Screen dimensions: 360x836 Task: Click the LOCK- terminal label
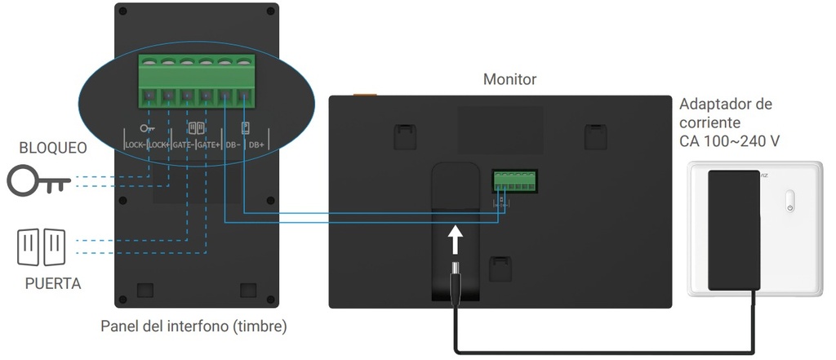(x=136, y=144)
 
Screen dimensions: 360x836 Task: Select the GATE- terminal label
(x=184, y=144)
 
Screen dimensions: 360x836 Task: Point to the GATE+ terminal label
(x=209, y=144)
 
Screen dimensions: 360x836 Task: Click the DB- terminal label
(x=232, y=144)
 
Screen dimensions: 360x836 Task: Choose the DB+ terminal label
(x=256, y=144)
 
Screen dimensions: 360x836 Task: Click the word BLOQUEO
(x=53, y=149)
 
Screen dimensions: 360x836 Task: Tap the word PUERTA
(x=53, y=284)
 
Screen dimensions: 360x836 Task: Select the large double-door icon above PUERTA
(x=41, y=247)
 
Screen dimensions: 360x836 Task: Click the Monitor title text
(x=509, y=79)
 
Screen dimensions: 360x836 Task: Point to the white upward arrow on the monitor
(x=456, y=241)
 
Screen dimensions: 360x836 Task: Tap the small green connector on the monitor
(x=513, y=180)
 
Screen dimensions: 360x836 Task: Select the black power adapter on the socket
(x=734, y=229)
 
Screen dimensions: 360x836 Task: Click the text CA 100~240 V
(x=729, y=141)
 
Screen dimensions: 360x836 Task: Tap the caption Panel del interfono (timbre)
(x=193, y=327)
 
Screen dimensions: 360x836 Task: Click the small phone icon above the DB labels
(x=244, y=127)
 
